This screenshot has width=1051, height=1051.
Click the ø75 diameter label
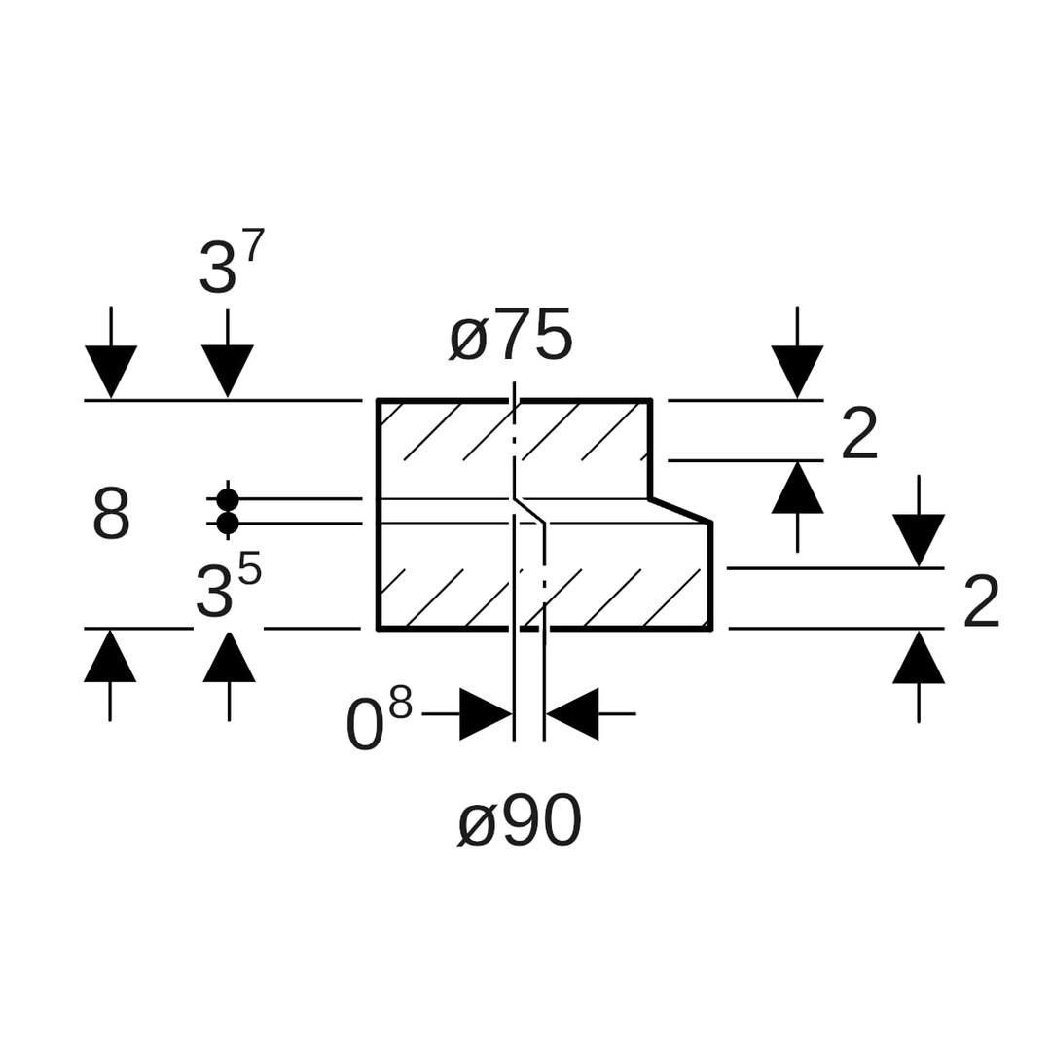point(511,336)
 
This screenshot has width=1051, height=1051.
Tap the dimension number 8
point(111,514)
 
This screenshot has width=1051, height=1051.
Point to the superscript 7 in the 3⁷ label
point(255,244)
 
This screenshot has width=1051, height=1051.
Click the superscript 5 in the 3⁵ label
point(250,567)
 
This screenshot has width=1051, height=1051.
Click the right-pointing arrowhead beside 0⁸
point(485,714)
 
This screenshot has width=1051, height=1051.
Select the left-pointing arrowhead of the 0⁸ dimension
point(573,714)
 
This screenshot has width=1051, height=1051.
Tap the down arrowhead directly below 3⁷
point(228,370)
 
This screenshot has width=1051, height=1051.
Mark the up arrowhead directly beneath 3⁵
point(229,657)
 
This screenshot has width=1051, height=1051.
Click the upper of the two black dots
point(228,499)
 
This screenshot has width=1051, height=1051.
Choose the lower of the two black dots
point(228,524)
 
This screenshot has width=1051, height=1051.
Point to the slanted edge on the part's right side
point(681,510)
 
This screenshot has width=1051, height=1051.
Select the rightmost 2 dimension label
point(981,601)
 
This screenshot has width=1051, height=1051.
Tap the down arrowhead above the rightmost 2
point(919,539)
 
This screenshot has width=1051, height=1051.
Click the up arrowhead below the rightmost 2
point(919,658)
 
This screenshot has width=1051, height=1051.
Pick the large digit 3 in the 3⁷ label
point(217,269)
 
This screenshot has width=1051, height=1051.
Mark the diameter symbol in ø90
point(477,824)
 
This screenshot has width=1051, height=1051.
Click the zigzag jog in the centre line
point(529,509)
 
